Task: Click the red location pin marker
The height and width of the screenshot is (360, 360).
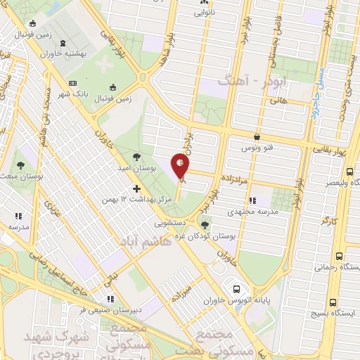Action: (x=181, y=166)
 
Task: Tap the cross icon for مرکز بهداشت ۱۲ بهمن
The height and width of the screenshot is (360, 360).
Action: (x=137, y=188)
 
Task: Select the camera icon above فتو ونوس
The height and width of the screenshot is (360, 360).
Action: (x=257, y=136)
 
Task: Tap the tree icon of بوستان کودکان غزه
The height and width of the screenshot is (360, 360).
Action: (x=205, y=225)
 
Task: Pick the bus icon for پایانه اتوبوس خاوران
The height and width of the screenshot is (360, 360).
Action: (x=237, y=288)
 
